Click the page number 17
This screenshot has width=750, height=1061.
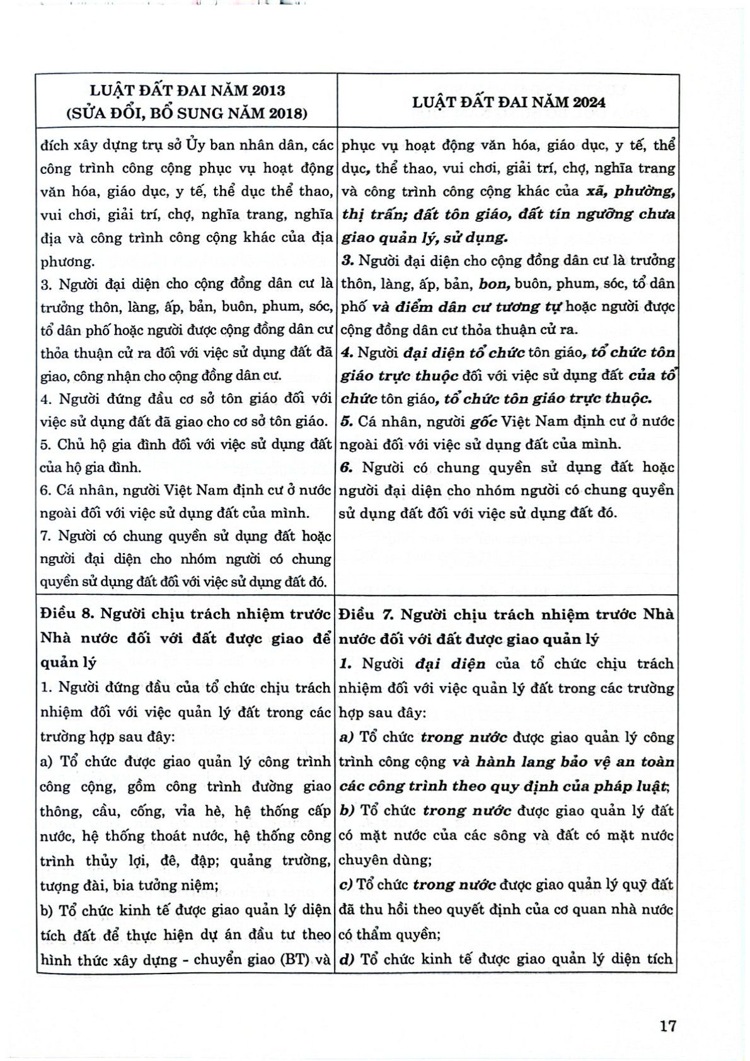(667, 1026)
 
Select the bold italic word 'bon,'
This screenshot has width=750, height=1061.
(493, 284)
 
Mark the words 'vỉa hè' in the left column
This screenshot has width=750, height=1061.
(190, 812)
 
